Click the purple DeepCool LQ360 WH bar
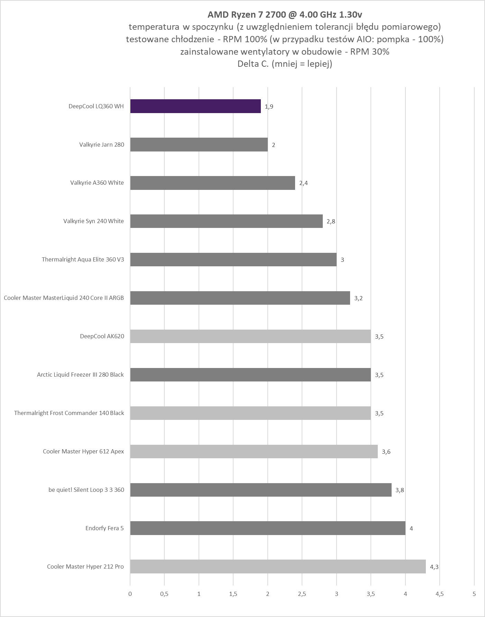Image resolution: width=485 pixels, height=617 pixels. tap(195, 106)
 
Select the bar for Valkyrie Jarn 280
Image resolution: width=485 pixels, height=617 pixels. tap(199, 145)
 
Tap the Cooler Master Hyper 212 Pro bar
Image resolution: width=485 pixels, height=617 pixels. tap(278, 567)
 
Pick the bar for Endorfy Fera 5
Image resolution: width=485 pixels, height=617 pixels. tap(268, 528)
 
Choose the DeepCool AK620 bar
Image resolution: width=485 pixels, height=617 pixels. tap(250, 336)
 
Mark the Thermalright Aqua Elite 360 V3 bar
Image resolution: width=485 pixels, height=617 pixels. tap(234, 259)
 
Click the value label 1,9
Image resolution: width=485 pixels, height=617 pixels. tap(269, 107)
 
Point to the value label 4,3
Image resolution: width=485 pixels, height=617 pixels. tap(434, 567)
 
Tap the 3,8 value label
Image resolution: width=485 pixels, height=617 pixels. tap(400, 490)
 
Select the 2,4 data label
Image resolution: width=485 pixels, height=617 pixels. tap(303, 183)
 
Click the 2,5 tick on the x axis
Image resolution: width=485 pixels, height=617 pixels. tap(302, 594)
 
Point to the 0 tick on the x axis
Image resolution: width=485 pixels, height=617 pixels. tap(130, 594)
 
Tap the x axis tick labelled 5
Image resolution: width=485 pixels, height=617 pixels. tap(474, 594)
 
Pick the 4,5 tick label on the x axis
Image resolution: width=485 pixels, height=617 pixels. tap(439, 594)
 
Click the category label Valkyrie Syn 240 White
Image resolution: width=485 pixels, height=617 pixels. tap(93, 221)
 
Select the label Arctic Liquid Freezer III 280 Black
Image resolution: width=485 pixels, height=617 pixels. tap(80, 375)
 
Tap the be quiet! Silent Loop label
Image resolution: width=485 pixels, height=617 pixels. tap(86, 490)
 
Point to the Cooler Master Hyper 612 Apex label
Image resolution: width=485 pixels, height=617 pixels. tap(83, 451)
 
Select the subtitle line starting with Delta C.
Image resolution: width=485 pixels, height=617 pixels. tap(285, 64)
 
